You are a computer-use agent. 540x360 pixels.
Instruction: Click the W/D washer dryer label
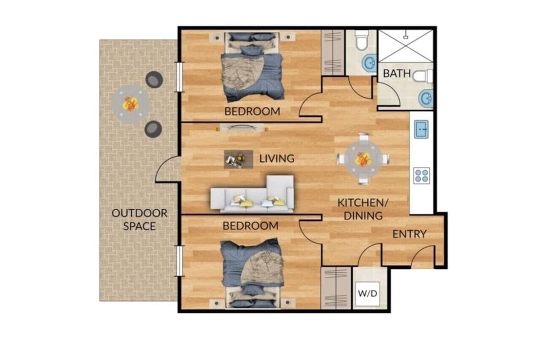pos(368,293)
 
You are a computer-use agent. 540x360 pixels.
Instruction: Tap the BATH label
pos(397,74)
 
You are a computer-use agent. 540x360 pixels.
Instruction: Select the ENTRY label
pos(409,235)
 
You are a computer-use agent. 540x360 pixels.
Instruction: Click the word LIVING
pos(277,159)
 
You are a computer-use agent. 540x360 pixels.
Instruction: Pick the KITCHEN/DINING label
pos(360,209)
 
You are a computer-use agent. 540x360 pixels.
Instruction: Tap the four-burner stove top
pos(421,175)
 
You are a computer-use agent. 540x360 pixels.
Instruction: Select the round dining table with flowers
pos(363,159)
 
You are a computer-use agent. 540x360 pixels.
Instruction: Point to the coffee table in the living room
pos(235,159)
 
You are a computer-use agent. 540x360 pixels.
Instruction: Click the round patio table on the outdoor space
pos(130,104)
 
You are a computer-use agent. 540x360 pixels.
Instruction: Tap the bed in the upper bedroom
pos(251,66)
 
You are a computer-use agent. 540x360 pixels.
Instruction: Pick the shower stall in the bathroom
pos(405,47)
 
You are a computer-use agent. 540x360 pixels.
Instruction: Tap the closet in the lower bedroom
pos(336,287)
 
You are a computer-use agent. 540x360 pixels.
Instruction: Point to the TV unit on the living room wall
pos(240,128)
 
